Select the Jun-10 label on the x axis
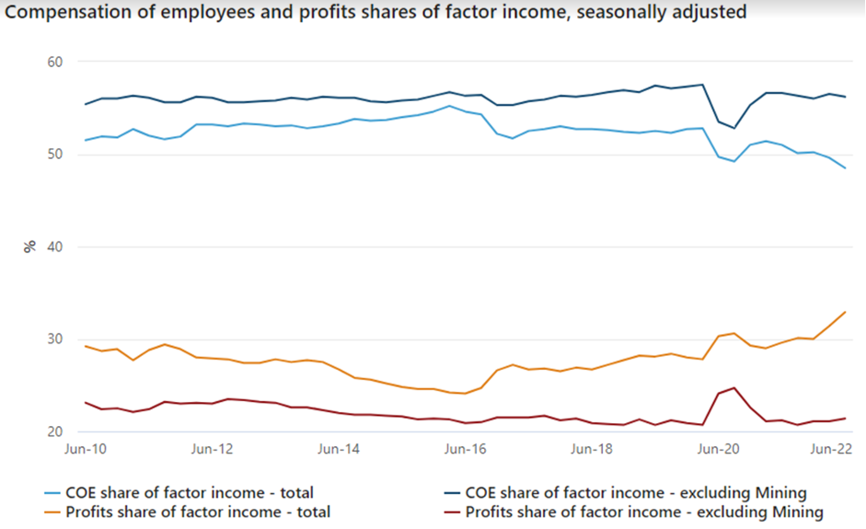(x=85, y=450)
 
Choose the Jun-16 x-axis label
(x=465, y=450)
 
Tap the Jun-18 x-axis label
(x=591, y=450)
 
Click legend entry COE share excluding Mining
(x=635, y=493)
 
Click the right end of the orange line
(x=845, y=312)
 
